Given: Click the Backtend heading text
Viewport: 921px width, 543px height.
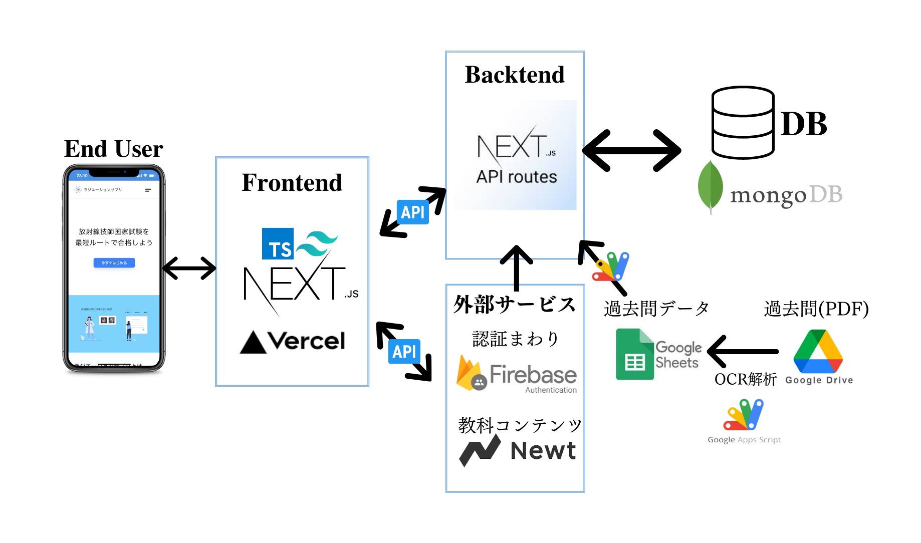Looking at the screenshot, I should pos(515,75).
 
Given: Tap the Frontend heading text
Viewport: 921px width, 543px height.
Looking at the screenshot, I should pos(292,182).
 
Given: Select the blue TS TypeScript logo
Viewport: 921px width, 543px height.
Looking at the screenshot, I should pos(278,244).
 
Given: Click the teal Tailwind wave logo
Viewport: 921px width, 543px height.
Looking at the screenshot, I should pos(317,243).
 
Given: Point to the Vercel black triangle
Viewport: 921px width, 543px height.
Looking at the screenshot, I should pos(253,343).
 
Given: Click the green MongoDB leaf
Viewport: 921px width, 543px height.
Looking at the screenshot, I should pos(710,186).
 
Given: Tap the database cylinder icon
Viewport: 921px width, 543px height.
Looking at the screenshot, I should pos(743,123).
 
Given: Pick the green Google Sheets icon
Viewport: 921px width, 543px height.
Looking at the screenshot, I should pos(634,354).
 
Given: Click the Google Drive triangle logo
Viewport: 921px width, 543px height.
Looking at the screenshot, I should pos(818,352).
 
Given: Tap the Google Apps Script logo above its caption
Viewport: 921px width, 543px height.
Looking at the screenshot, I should pos(744,415).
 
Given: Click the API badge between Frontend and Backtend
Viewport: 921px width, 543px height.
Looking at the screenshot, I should pos(412,212).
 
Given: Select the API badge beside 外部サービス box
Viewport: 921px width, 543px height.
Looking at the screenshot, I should pos(404,352).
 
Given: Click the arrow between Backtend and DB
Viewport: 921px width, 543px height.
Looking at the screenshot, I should pos(631,150).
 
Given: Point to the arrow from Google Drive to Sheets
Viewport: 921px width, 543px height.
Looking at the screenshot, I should pos(743,352).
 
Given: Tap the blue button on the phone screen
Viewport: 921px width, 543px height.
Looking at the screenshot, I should pos(114,262).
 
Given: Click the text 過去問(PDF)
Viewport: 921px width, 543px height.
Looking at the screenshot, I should pos(816,309).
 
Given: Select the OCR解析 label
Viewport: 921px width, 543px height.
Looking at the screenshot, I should pos(745,379).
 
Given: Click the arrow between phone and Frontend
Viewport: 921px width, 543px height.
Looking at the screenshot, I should pos(189,268).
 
